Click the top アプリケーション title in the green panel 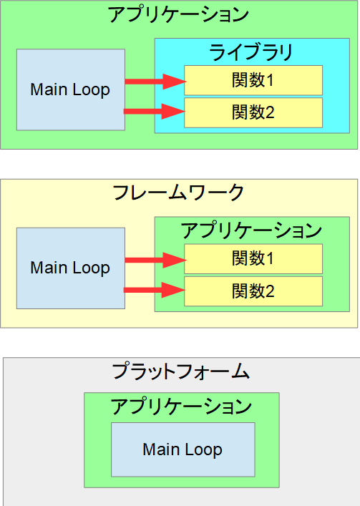[178, 15]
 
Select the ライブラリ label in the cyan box [251, 52]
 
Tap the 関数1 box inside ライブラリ [253, 80]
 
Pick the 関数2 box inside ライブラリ [253, 112]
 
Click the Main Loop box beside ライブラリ [71, 89]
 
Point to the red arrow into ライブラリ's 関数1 [155, 82]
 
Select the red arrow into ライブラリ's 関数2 [155, 112]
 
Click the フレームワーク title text [178, 193]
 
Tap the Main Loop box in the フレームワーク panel [71, 268]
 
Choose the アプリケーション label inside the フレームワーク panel [251, 230]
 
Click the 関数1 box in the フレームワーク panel [253, 259]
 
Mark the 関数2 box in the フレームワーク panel [253, 291]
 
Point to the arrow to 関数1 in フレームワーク [155, 260]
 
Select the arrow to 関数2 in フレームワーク [155, 290]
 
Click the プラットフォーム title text [180, 371]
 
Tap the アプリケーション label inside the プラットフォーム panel [181, 406]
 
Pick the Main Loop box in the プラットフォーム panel [183, 449]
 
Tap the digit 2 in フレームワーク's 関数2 [269, 291]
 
